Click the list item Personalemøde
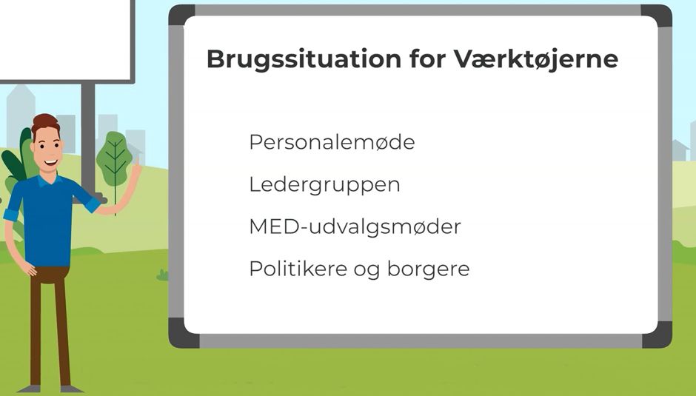[x=332, y=142]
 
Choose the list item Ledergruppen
[x=324, y=184]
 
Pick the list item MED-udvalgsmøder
[x=355, y=226]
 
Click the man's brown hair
[x=44, y=124]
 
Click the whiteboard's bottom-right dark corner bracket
[x=657, y=335]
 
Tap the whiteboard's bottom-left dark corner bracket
[x=182, y=335]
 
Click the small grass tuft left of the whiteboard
[x=162, y=275]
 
